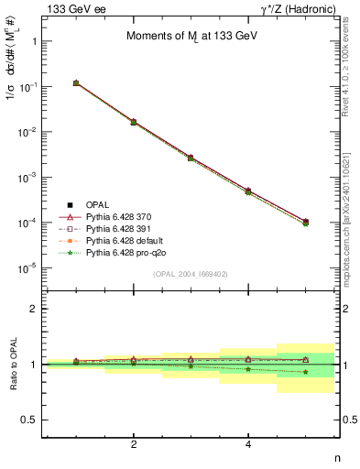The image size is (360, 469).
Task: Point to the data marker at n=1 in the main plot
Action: pos(76,83)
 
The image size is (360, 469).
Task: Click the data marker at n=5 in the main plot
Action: pos(305,222)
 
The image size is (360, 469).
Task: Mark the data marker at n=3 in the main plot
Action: pos(191,158)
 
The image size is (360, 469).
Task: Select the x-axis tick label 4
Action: pos(248,444)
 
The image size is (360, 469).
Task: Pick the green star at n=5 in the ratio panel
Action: pos(305,372)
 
